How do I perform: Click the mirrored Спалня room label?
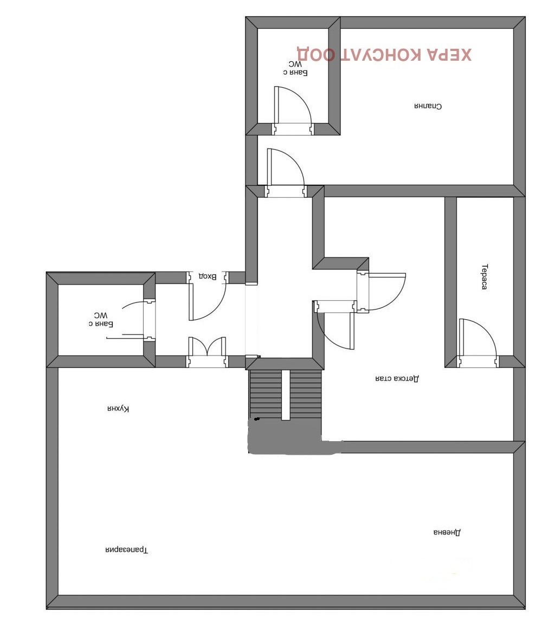pos(428,106)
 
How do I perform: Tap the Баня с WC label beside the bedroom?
pos(295,68)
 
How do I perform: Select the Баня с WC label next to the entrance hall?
pos(101,319)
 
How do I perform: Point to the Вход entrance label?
pos(208,276)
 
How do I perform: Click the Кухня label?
pos(118,409)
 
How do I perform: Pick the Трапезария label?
pos(126,550)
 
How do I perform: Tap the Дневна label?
pos(447,532)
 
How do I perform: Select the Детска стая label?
pos(397,378)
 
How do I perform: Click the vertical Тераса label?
pos(484,276)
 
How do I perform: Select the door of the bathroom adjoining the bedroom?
pos(293,105)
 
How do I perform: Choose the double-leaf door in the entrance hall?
pos(207,346)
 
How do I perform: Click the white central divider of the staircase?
pos(286,395)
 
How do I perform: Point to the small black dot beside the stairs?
pos(256,419)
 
